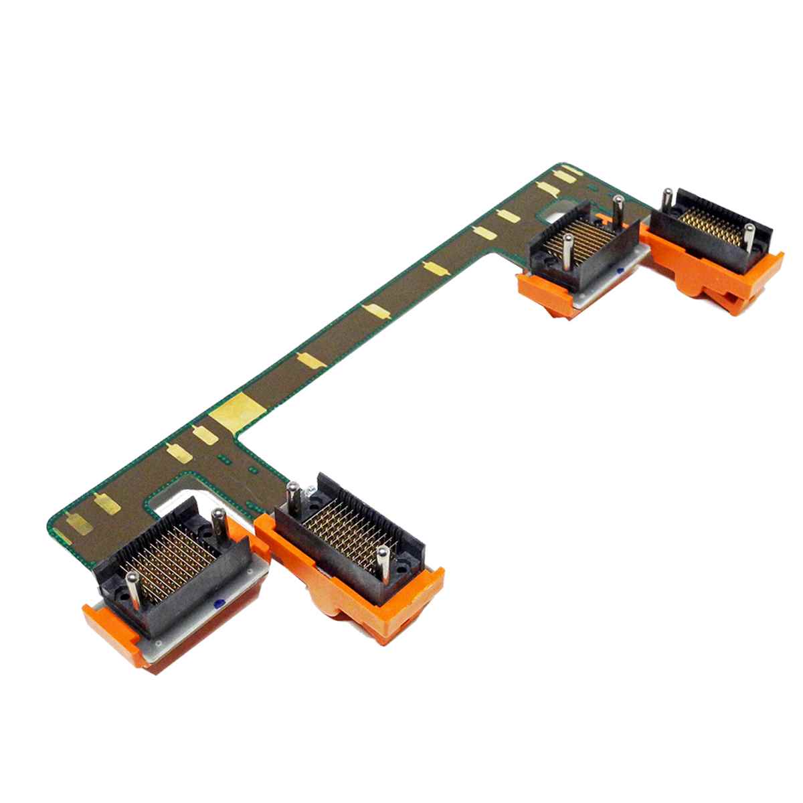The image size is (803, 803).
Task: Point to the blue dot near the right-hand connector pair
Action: [620, 270]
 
